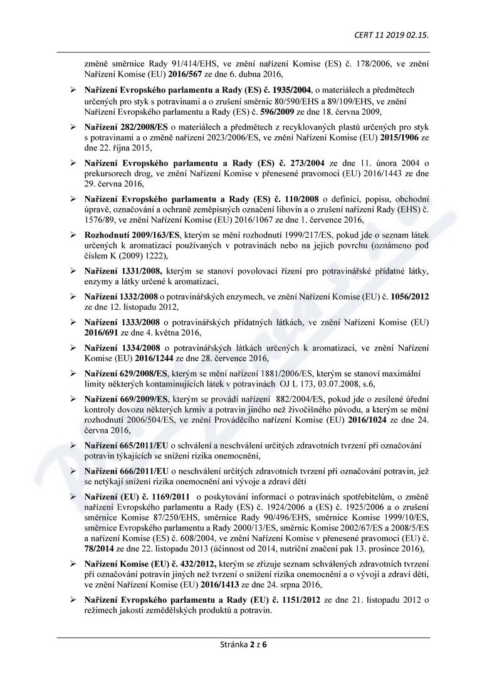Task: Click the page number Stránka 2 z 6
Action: point(244,645)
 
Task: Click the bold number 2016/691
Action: point(102,332)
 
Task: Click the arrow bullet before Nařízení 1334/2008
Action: point(72,348)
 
